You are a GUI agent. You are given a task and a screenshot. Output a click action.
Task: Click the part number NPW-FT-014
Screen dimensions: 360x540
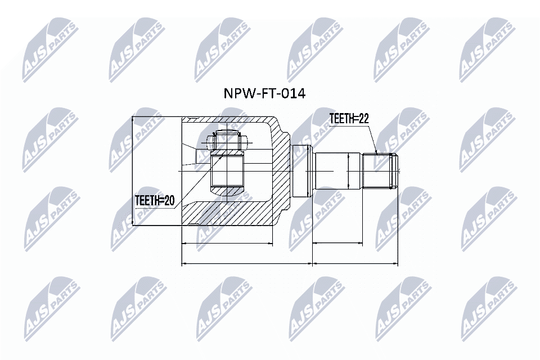(x=264, y=93)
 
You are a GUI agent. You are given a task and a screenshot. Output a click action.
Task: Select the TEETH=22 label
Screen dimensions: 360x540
(x=349, y=118)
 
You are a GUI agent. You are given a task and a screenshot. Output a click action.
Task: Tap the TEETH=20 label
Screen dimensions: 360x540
(x=155, y=200)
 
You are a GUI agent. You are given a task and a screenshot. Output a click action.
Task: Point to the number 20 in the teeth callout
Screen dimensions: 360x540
(x=169, y=200)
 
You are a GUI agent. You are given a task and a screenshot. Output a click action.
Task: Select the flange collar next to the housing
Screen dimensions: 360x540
(x=302, y=170)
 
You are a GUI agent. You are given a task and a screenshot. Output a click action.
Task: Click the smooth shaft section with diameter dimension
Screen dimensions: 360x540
(x=332, y=170)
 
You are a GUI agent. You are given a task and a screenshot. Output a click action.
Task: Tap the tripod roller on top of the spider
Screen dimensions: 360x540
(x=227, y=142)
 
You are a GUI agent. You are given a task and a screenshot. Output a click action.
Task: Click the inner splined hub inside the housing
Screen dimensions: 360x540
(x=227, y=172)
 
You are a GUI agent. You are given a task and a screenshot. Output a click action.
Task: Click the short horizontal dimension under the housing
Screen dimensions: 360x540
(x=227, y=244)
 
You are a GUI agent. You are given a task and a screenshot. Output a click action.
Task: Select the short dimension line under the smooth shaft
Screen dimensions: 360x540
(x=337, y=244)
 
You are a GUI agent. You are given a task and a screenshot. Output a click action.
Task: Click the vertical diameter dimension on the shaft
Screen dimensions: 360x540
(x=349, y=172)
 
